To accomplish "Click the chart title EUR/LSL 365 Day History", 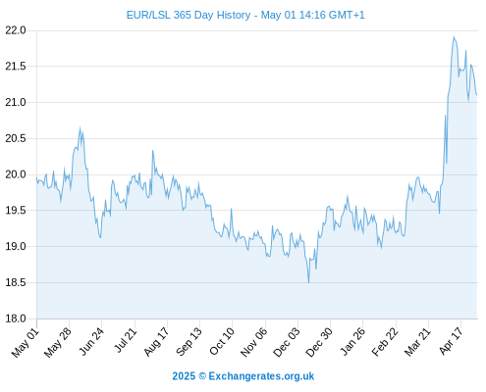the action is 189,15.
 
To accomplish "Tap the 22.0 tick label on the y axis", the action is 15,30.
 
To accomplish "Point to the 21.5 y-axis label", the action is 15,67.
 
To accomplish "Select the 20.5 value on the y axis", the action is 15,138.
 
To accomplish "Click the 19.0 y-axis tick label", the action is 15,246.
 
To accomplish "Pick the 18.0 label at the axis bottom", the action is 15,318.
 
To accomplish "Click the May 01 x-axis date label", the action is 26,343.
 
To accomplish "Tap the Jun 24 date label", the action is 91,341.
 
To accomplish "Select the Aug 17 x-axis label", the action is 156,342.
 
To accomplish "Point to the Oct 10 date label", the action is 222,341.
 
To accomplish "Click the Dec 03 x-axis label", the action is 287,342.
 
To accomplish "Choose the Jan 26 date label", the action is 352,341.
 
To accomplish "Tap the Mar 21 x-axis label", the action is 417,342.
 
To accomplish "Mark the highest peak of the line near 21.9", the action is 454,37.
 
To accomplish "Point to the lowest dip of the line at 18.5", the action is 308,282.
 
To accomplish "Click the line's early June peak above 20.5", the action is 80,127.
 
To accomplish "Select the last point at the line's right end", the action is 477,95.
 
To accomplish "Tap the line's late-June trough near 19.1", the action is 100,237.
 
